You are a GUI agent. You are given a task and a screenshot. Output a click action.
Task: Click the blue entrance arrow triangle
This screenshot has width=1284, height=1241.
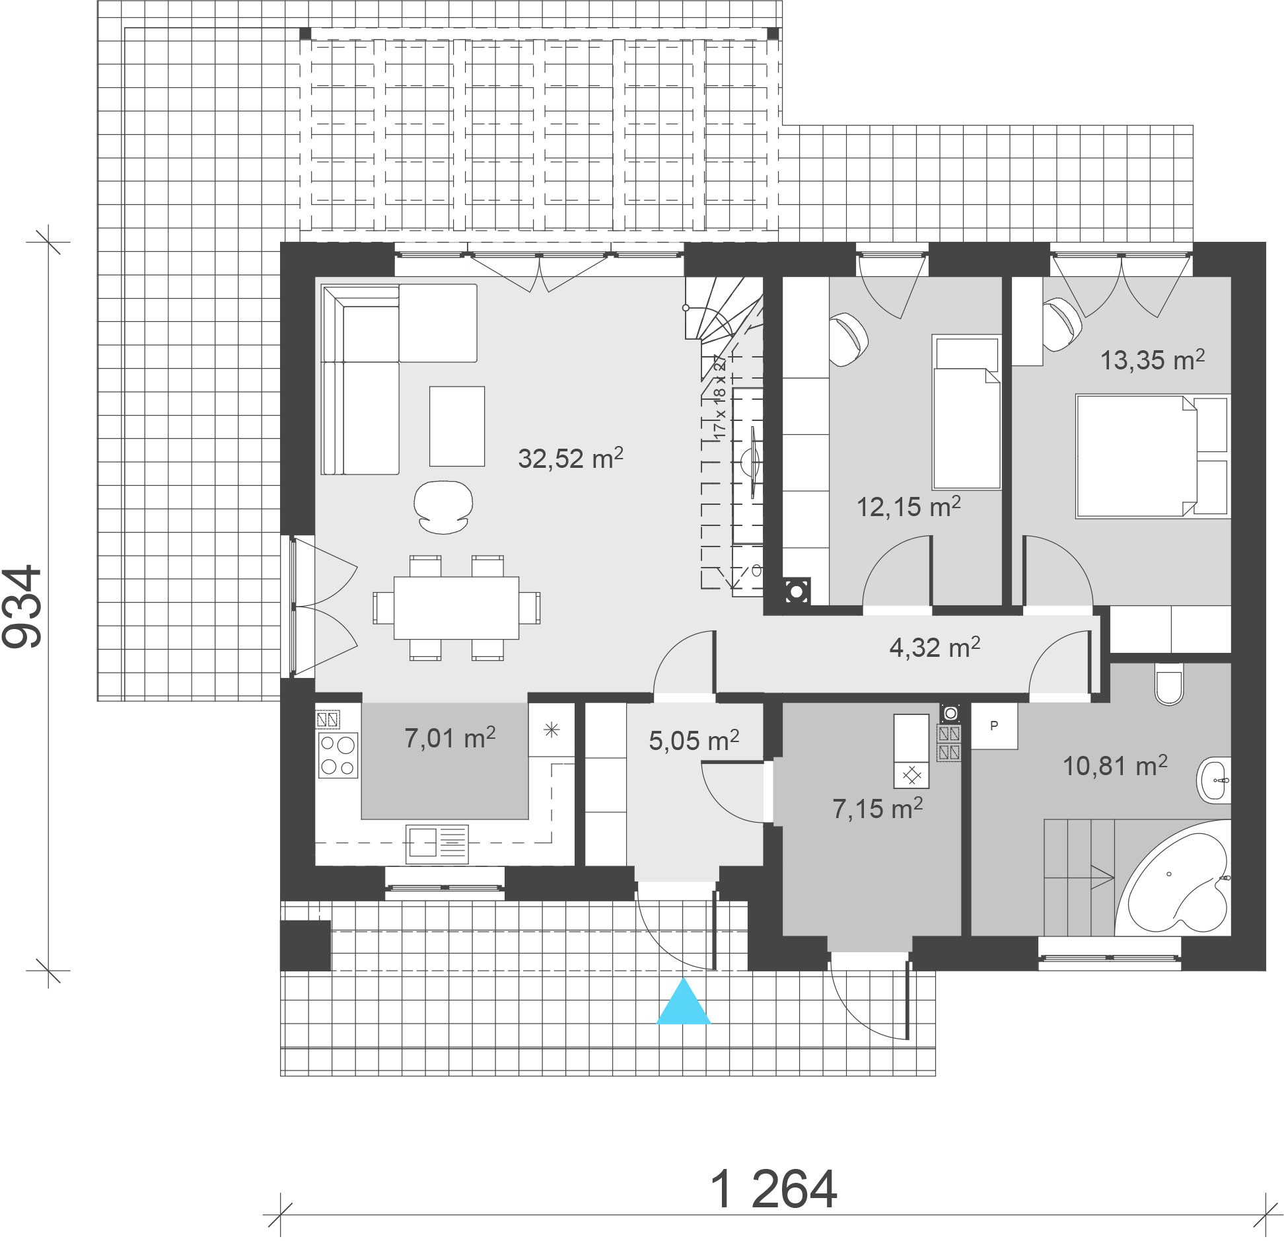coord(683,1002)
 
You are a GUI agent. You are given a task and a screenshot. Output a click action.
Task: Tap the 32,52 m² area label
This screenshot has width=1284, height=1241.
coord(571,457)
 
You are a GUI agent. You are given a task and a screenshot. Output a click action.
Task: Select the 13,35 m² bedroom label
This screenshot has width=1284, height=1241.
coord(1152,359)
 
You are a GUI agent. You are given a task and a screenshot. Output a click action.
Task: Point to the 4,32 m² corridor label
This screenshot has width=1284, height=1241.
coord(935,648)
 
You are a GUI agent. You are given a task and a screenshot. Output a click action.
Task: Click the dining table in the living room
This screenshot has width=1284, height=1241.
coord(456,608)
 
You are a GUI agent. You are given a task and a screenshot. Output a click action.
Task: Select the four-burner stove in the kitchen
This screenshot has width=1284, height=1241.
coord(338,755)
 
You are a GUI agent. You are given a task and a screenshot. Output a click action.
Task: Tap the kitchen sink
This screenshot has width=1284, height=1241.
coord(437,844)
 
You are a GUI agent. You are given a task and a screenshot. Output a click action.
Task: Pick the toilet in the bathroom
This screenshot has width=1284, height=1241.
coord(1168,684)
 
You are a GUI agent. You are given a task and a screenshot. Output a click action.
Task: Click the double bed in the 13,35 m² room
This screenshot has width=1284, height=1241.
coord(1153,456)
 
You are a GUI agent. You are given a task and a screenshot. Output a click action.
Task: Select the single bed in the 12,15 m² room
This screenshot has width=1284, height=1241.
coord(966,412)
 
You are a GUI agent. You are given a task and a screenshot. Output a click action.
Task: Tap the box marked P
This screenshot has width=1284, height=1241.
coord(994,726)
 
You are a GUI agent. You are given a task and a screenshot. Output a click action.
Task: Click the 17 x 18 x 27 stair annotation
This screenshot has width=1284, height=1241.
coord(719,397)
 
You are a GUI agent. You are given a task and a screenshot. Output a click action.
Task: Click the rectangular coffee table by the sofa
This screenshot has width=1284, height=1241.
coord(457,426)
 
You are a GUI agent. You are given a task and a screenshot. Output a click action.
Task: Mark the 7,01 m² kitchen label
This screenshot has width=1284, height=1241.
coord(450,738)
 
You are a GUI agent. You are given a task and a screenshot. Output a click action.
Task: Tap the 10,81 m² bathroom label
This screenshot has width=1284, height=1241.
coord(1115,766)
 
